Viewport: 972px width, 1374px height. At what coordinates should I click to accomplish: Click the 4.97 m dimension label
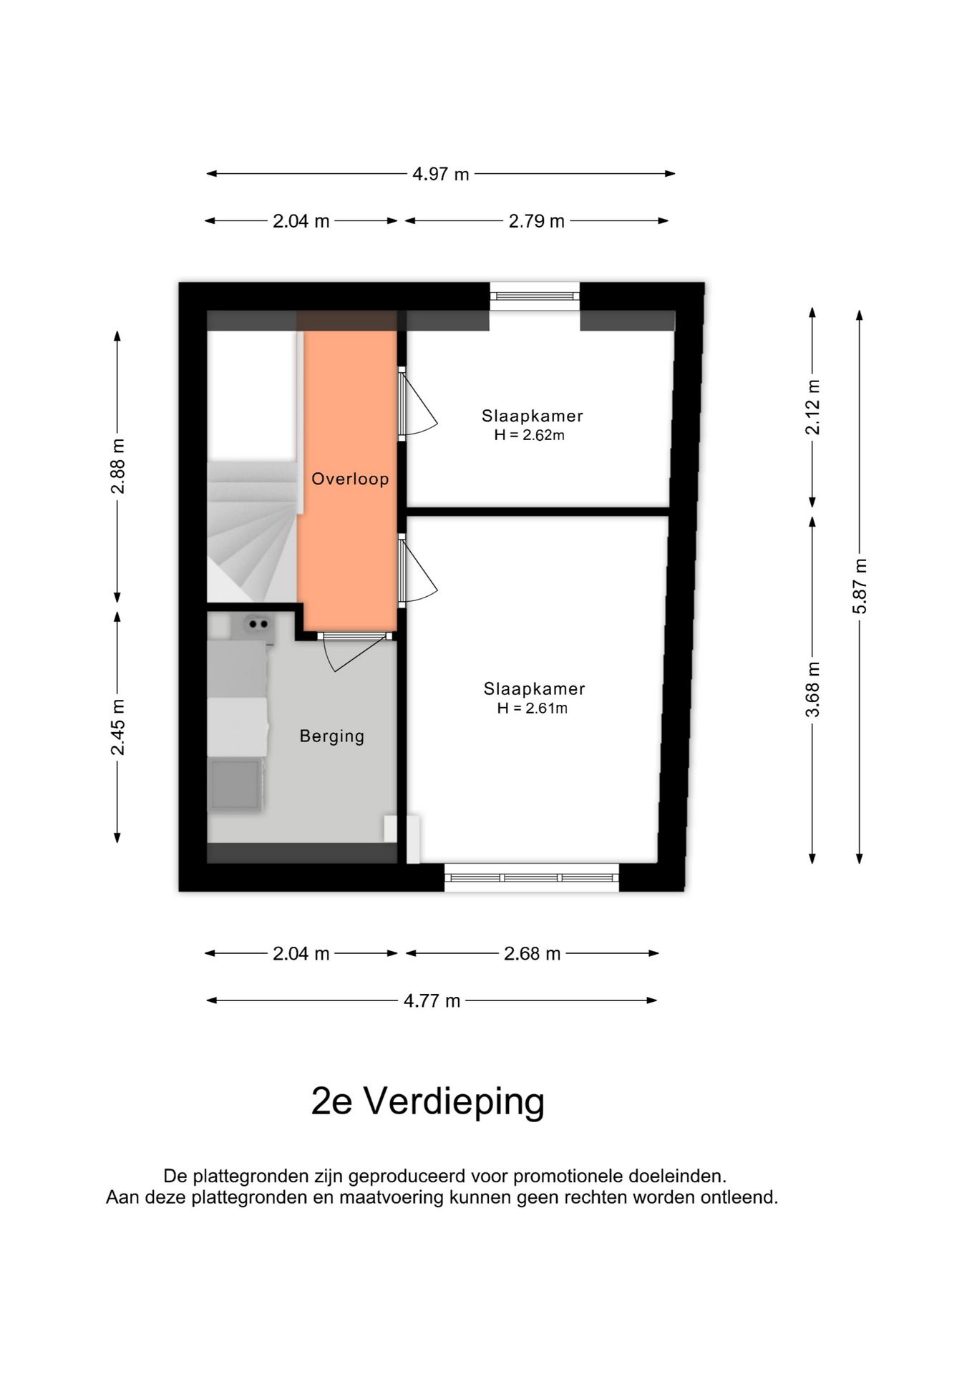440,174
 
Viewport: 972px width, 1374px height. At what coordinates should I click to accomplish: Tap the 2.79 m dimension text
536,222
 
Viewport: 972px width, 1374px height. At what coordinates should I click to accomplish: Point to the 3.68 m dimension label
812,690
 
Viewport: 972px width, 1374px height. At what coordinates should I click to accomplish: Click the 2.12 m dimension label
812,407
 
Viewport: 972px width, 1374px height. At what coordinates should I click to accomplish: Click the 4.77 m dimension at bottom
432,1000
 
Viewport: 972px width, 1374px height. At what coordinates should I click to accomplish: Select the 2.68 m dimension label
532,953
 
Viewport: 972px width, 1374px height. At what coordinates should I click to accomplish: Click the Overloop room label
350,479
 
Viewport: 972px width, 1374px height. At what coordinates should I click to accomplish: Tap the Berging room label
331,736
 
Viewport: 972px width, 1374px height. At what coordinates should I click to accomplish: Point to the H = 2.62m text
529,435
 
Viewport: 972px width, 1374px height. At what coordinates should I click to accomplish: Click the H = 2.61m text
533,708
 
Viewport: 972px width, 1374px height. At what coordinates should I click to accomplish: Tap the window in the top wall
534,294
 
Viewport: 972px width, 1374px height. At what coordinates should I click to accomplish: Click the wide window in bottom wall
531,877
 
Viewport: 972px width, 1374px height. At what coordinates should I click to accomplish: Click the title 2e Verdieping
428,1101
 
